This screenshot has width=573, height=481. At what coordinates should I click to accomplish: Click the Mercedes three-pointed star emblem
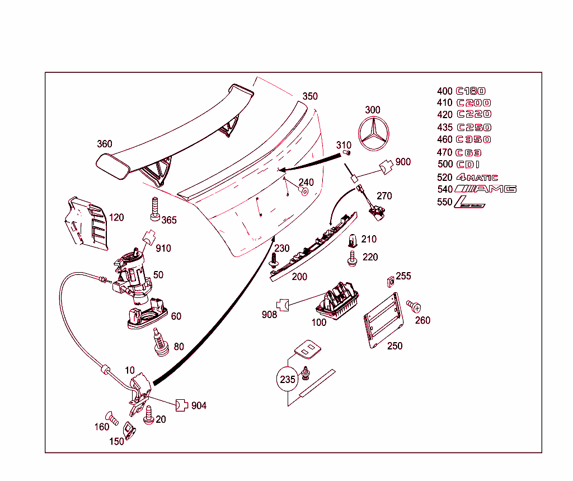coord(374,135)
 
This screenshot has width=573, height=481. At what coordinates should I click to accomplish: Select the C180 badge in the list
coord(471,91)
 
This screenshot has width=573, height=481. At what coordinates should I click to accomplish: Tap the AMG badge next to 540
coord(485,189)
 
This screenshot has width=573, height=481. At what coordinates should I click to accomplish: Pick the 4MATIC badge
coord(477,177)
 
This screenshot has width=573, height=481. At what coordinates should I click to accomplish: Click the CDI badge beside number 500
coord(469,165)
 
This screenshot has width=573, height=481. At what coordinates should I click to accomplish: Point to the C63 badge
coord(469,152)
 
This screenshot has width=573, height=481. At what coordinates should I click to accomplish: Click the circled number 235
coord(288,379)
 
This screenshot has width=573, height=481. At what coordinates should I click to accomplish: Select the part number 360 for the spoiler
coord(105,144)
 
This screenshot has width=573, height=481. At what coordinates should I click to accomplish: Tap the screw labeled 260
coord(414,306)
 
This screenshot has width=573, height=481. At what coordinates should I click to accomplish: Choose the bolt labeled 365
coord(155,208)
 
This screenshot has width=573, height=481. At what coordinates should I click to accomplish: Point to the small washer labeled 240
coord(304,192)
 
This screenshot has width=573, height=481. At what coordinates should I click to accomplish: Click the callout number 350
coord(310,96)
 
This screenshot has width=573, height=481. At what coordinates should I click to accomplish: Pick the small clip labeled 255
coord(390,281)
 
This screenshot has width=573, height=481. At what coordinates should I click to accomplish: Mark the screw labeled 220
coord(353,258)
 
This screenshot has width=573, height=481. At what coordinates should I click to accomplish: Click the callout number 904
coord(199,405)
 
